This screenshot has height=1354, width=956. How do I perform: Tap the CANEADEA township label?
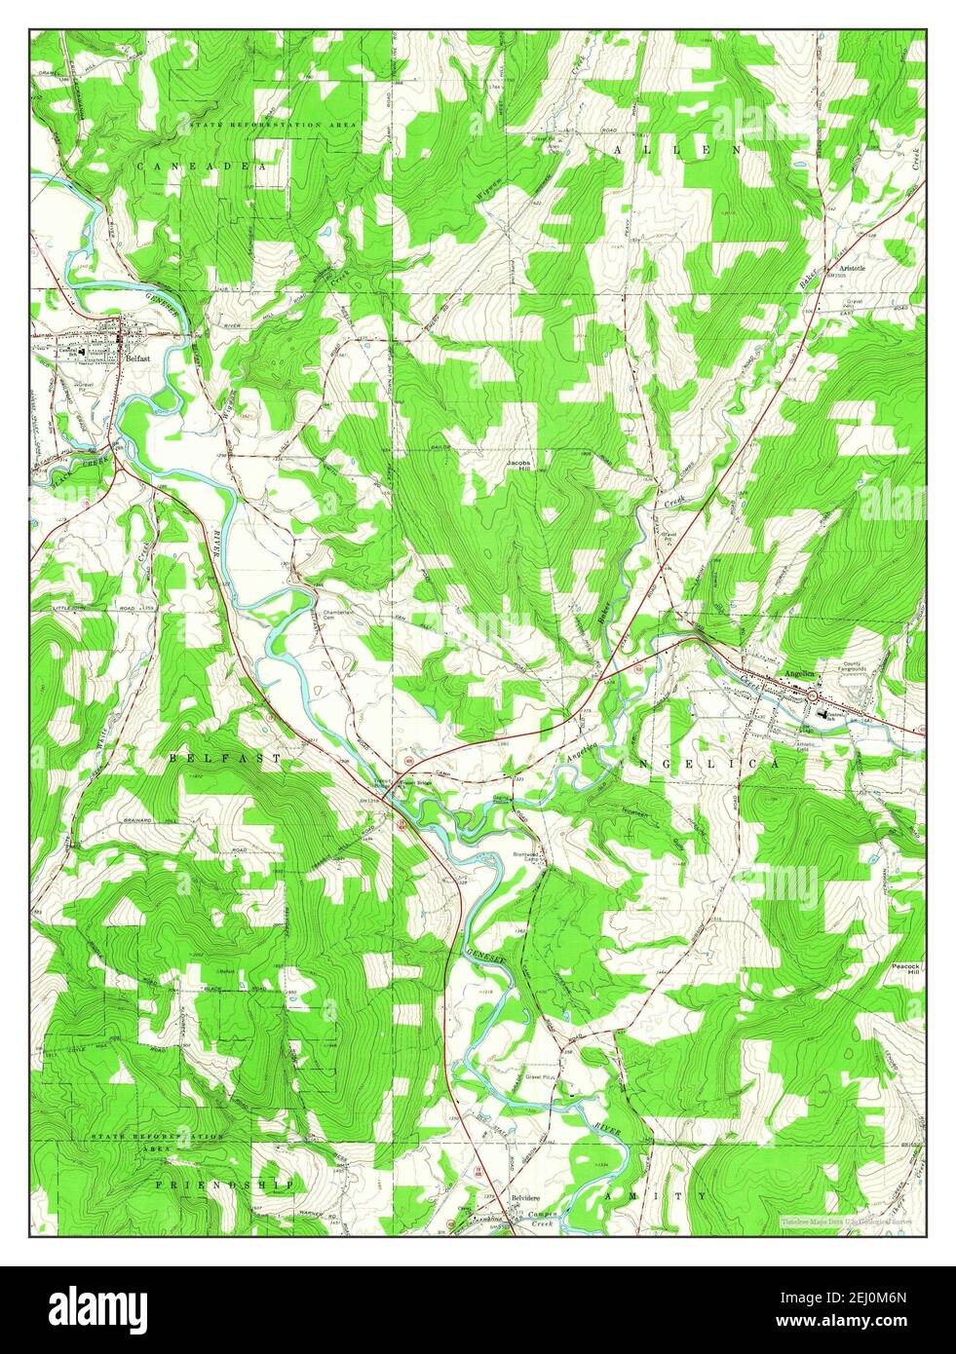(201, 168)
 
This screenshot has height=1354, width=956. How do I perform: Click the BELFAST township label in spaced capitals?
(224, 757)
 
